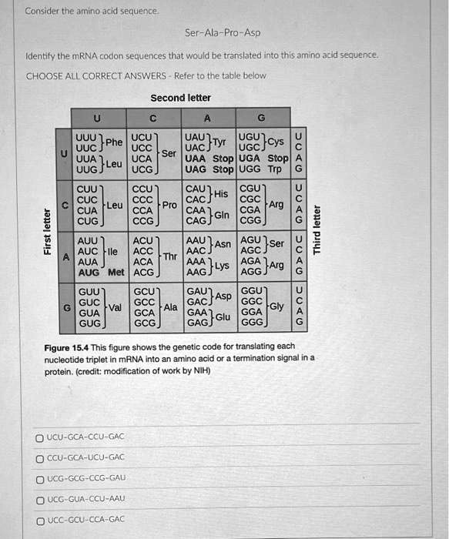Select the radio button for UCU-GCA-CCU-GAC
39,437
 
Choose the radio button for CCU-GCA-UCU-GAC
39,457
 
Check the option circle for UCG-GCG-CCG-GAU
39,477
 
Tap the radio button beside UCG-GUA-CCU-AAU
39,498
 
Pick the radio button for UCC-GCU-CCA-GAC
39,519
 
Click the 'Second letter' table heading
180,98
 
